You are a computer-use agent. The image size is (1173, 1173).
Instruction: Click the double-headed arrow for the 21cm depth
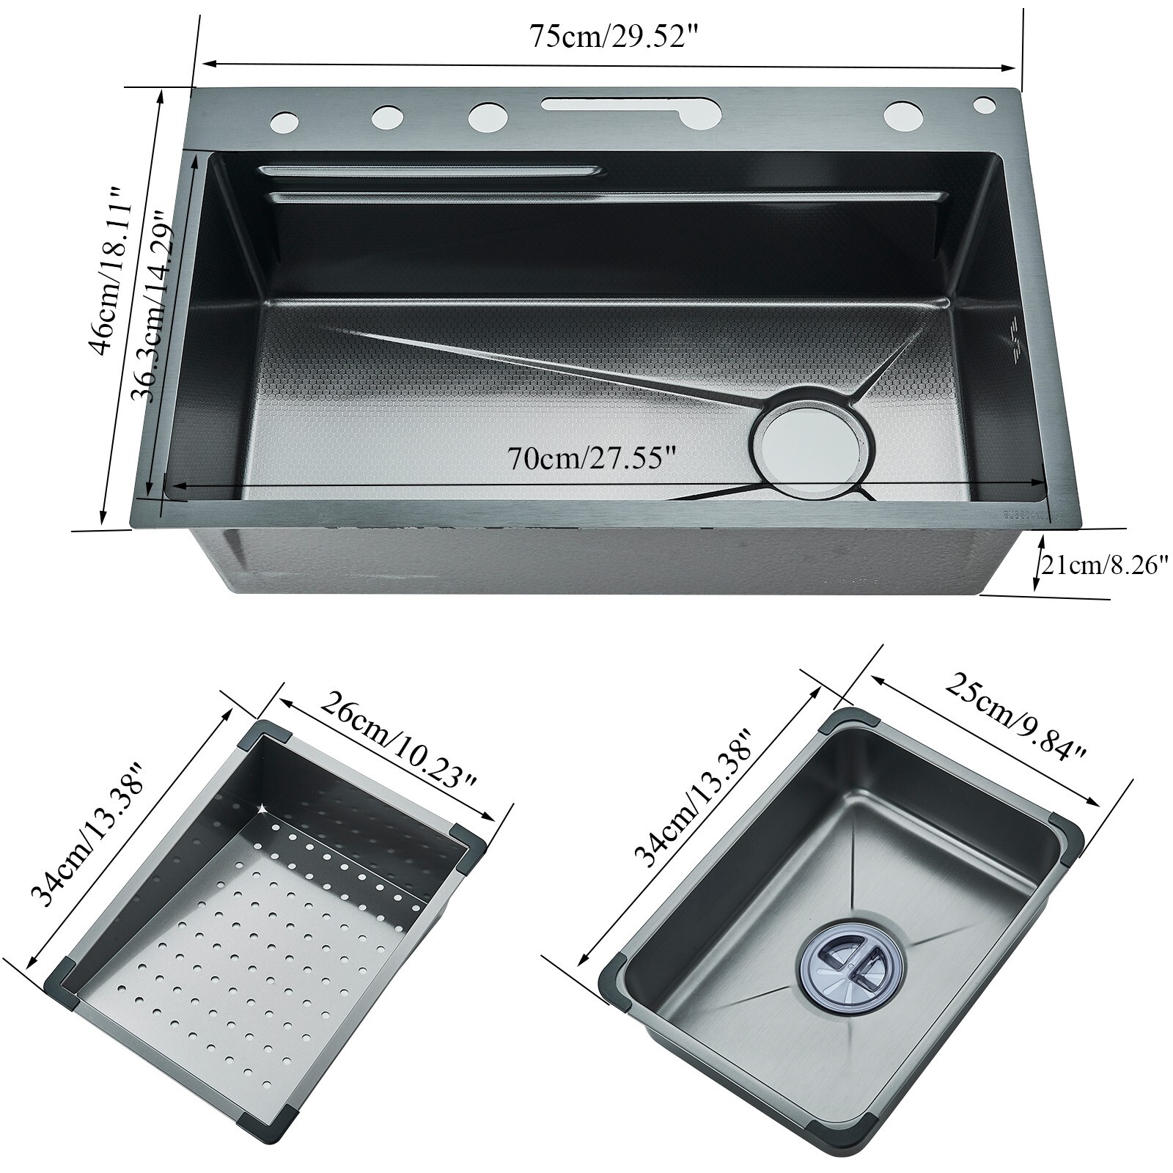(x=1038, y=563)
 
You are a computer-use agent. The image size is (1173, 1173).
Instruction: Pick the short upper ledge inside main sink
(x=433, y=171)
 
